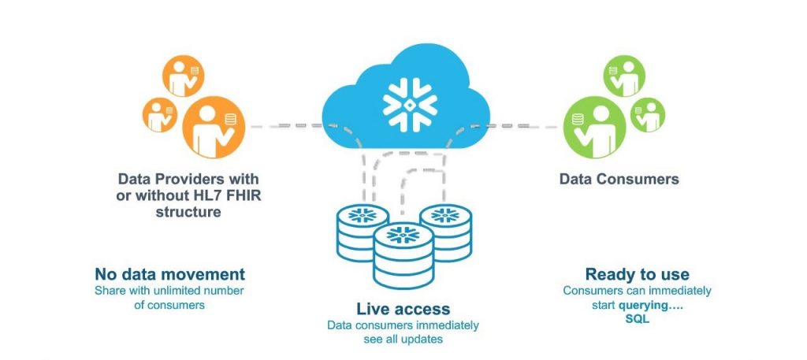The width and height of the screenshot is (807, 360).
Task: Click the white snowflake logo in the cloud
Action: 403,102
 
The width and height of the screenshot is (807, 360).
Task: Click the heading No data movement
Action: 169,274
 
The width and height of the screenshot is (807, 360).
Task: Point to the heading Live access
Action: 403,309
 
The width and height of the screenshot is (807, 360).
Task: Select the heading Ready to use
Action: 637,274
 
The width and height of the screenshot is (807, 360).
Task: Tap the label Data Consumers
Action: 619,179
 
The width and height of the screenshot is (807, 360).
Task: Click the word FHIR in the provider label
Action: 240,195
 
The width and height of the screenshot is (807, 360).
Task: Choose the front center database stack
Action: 403,252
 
